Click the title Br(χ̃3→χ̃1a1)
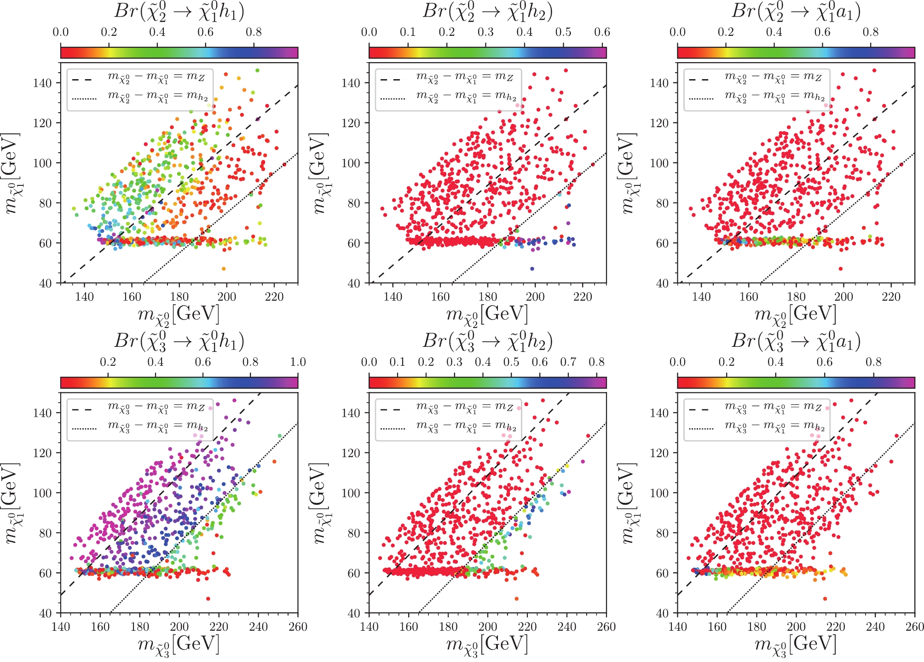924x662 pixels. pyautogui.click(x=796, y=341)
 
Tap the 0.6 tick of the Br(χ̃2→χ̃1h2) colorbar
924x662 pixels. pyautogui.click(x=602, y=32)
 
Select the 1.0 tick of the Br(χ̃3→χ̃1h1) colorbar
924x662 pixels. pyautogui.click(x=298, y=362)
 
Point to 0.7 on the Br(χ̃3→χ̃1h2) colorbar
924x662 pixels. pyautogui.click(x=568, y=362)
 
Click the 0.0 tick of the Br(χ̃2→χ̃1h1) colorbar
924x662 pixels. pyautogui.click(x=61, y=32)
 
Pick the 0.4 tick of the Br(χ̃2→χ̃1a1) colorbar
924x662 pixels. pyautogui.click(x=774, y=32)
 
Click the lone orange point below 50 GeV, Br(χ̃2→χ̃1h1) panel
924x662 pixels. pyautogui.click(x=224, y=269)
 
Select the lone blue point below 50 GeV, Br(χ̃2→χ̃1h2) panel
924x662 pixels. pyautogui.click(x=532, y=269)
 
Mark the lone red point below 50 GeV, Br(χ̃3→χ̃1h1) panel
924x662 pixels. pyautogui.click(x=208, y=599)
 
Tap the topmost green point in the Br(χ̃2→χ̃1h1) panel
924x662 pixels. pyautogui.click(x=257, y=70)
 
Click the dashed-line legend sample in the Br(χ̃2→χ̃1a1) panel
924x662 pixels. pyautogui.click(x=700, y=79)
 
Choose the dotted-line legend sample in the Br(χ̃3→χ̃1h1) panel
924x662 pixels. pyautogui.click(x=84, y=429)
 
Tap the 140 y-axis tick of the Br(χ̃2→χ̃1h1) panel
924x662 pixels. pyautogui.click(x=42, y=83)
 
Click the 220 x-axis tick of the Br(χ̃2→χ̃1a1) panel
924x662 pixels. pyautogui.click(x=891, y=297)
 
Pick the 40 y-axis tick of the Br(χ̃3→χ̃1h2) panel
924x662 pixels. pyautogui.click(x=354, y=613)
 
